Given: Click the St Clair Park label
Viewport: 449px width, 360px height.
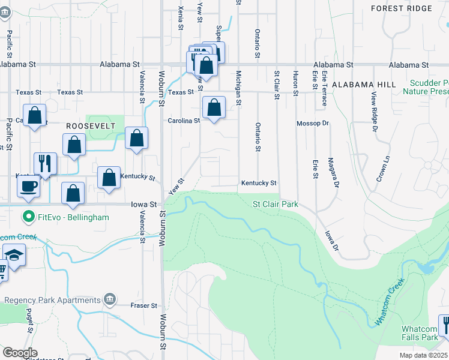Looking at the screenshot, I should click(275, 205).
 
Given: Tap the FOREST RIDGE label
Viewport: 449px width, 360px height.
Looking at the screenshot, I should click(402, 8).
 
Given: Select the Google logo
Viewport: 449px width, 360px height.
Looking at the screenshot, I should click(20, 353).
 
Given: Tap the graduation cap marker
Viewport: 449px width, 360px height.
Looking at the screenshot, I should click(13, 256).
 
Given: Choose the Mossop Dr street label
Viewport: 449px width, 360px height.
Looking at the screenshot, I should click(313, 123).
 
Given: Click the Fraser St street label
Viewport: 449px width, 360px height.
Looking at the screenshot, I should click(144, 305).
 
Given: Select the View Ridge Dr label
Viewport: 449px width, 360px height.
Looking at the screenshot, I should click(374, 112).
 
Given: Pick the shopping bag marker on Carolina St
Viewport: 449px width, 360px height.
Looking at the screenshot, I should click(214, 108).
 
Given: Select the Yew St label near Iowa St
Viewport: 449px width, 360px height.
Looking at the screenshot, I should click(176, 186).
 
